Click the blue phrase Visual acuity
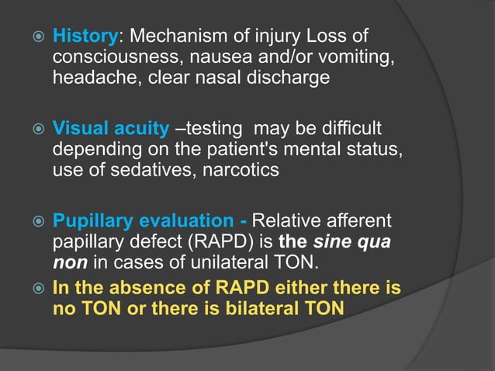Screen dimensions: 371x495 [x=110, y=129]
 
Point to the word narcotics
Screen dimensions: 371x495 [x=241, y=169]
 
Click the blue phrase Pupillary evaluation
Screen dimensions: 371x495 [x=140, y=221]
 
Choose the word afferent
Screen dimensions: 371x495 [x=359, y=221]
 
